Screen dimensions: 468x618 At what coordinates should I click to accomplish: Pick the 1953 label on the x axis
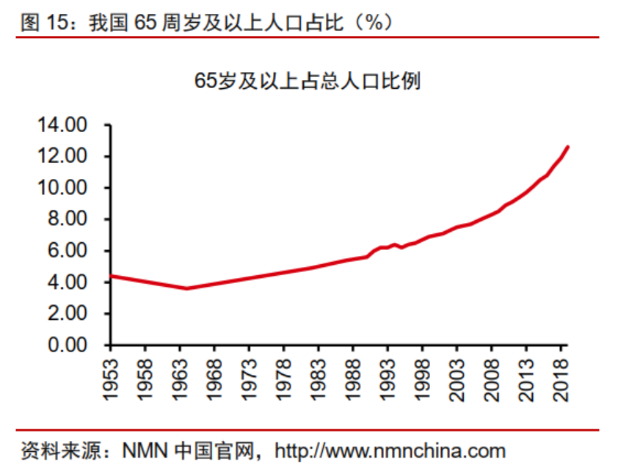[x=111, y=379]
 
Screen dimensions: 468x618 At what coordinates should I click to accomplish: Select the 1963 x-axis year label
[x=180, y=379]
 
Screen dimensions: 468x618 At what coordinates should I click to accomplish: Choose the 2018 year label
[x=560, y=379]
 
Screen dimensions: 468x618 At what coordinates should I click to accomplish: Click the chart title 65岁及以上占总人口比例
[x=308, y=81]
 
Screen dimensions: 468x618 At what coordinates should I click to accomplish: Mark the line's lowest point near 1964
[x=187, y=288]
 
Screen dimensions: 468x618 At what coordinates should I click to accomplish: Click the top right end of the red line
[x=567, y=147]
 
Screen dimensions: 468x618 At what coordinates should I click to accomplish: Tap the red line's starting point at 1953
[x=111, y=276]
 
